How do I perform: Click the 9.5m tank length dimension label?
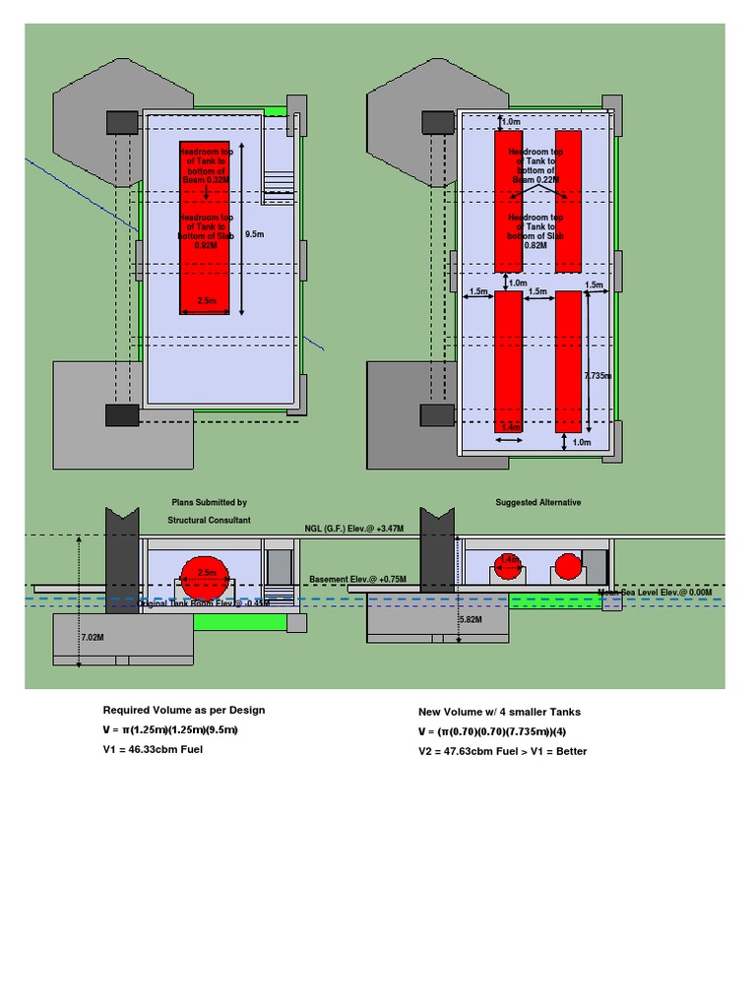point(254,234)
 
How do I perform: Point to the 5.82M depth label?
point(472,620)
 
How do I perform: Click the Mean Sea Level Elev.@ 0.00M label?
point(655,593)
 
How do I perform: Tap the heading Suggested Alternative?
point(537,502)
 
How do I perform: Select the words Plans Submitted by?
point(209,502)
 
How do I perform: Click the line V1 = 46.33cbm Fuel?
point(153,750)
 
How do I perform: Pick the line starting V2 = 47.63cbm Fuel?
point(502,751)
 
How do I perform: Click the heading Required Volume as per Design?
point(184,710)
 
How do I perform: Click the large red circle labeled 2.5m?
point(207,577)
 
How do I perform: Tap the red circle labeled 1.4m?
point(507,567)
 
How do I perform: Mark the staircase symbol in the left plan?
point(279,187)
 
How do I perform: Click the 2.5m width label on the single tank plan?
point(208,301)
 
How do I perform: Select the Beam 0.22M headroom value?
point(536,181)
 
